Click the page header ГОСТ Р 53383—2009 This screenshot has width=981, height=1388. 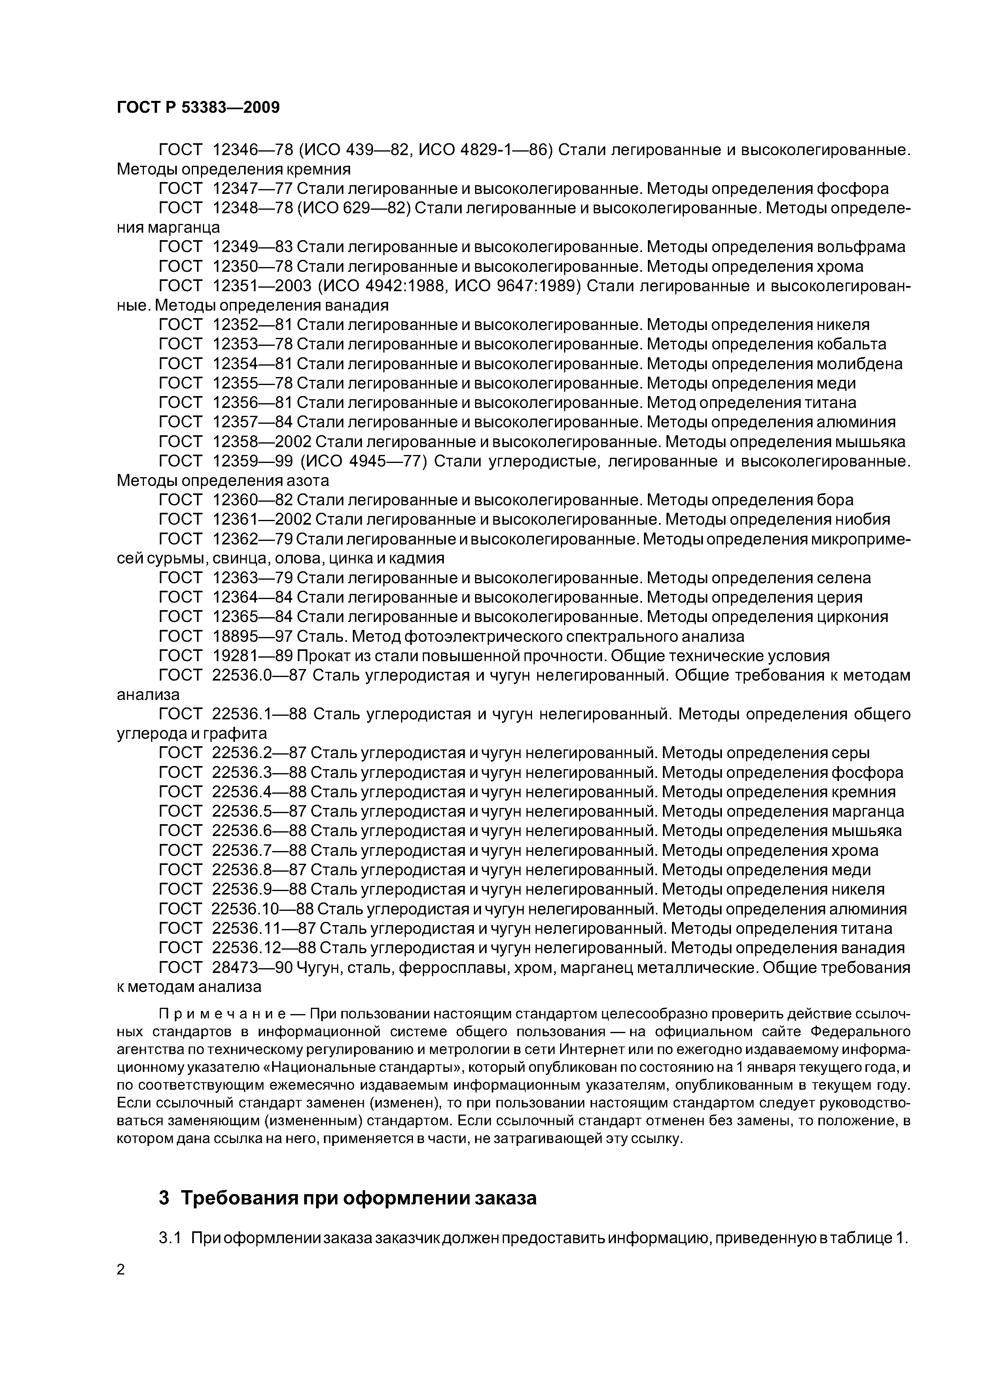click(x=198, y=108)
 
